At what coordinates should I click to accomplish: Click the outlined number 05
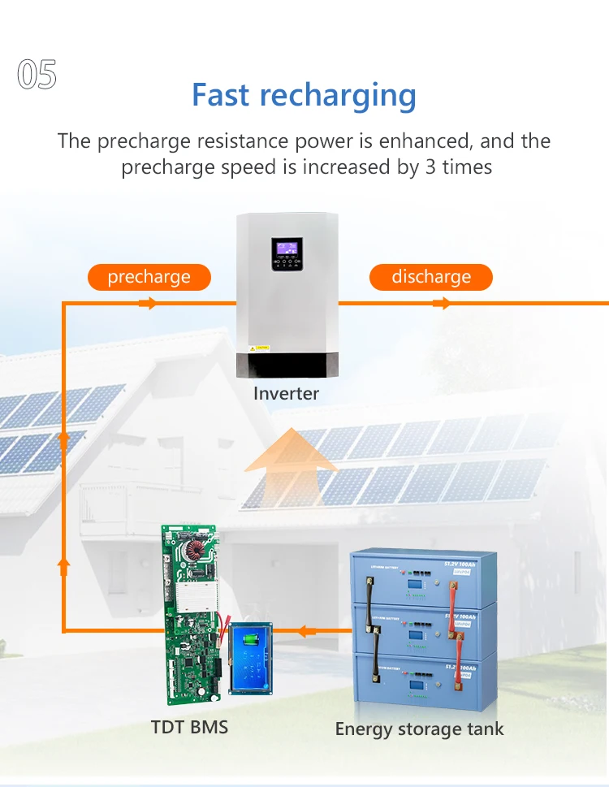37,75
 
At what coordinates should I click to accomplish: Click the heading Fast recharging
304,95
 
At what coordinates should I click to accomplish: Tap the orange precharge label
149,277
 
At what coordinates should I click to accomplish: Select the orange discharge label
431,277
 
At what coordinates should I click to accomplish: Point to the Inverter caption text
286,394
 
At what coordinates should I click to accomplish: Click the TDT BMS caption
189,726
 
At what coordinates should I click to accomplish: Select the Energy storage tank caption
419,729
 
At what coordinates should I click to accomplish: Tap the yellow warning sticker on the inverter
253,347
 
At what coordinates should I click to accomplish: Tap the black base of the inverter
286,365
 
